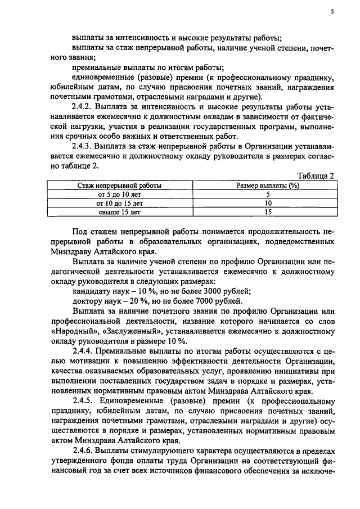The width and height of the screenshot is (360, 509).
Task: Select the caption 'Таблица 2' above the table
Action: coord(316,176)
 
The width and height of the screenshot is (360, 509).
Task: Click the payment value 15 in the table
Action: coord(268,213)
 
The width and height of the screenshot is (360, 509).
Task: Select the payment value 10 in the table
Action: coord(268,203)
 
